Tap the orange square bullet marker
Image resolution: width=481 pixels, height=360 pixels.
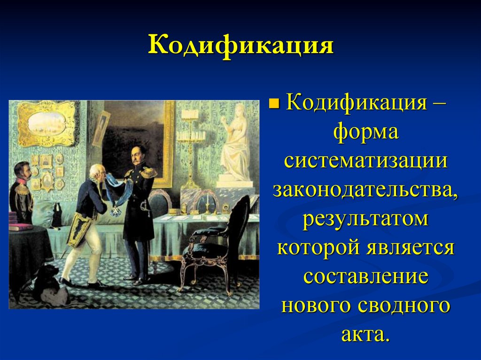coord(273,102)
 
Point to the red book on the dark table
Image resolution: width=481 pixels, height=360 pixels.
coord(21,227)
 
